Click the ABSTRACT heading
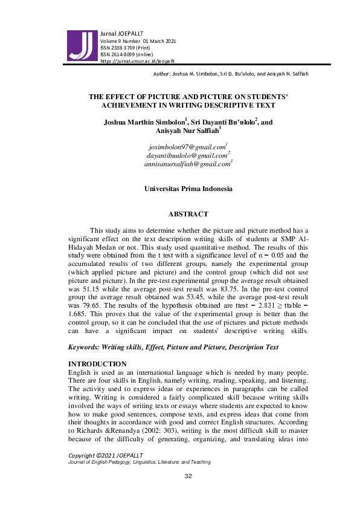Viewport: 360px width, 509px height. pos(188,214)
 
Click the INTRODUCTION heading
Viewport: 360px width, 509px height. pos(97,363)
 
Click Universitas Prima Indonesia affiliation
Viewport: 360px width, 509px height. pos(188,189)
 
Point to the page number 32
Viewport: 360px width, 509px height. pos(188,494)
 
